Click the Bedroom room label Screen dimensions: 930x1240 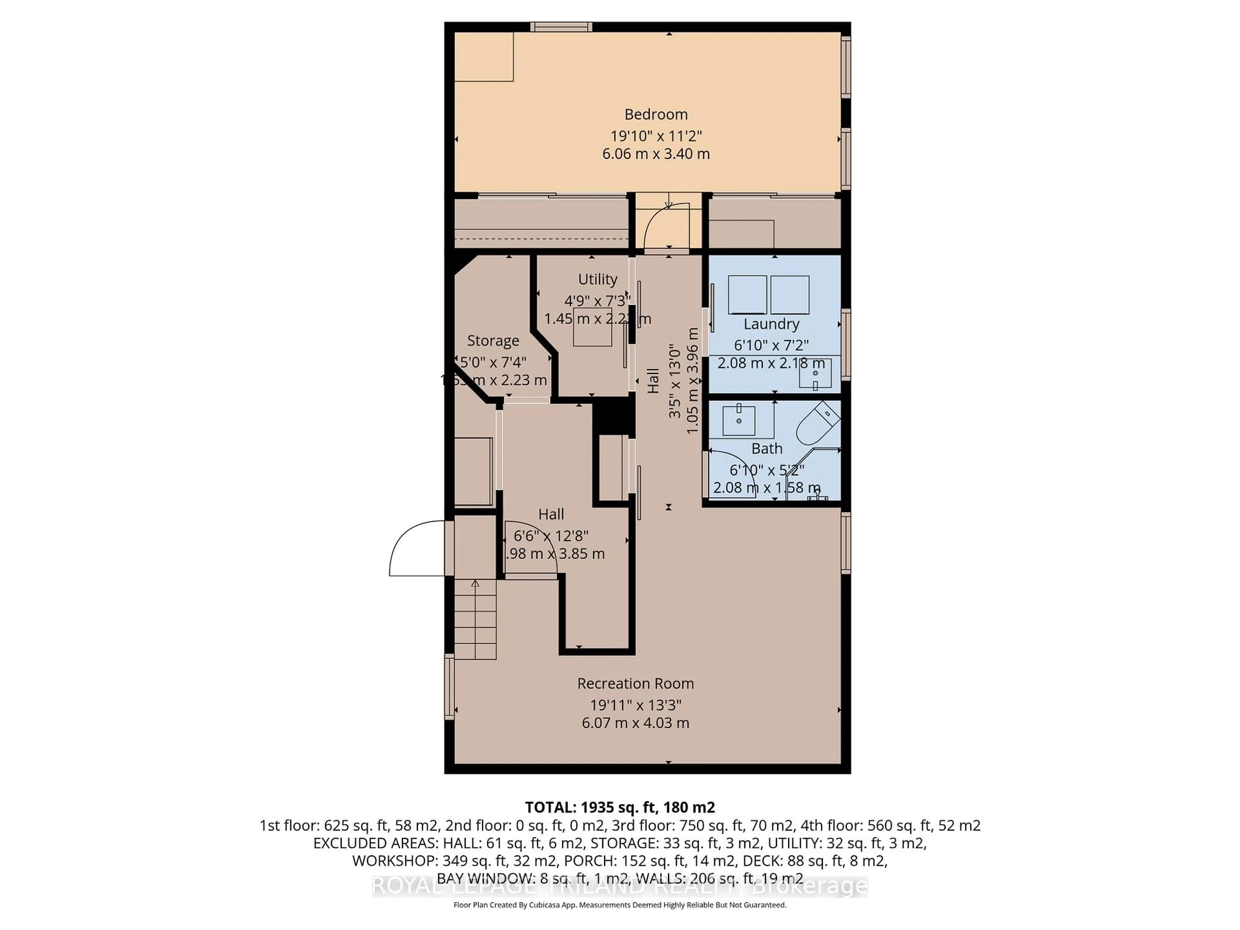coord(656,114)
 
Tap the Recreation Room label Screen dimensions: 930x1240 coord(635,683)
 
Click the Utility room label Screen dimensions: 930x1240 coord(598,279)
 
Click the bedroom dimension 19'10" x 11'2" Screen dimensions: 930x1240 coord(656,136)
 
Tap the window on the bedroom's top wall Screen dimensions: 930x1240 coord(561,27)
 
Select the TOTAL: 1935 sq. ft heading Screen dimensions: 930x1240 coord(619,807)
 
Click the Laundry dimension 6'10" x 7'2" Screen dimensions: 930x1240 coord(771,345)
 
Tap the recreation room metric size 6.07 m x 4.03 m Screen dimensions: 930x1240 coord(635,723)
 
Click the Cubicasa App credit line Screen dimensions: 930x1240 coord(619,905)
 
